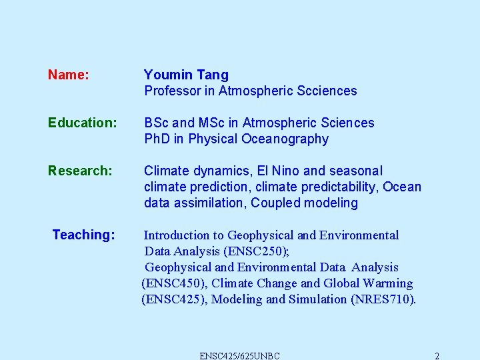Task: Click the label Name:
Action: pyautogui.click(x=68, y=75)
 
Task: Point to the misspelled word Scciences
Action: pyautogui.click(x=327, y=91)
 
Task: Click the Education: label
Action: pyautogui.click(x=83, y=123)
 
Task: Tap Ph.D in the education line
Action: pyautogui.click(x=157, y=139)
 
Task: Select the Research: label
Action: pyautogui.click(x=80, y=171)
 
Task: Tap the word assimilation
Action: pyautogui.click(x=207, y=203)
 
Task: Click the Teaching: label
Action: pyautogui.click(x=83, y=235)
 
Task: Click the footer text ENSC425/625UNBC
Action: pyautogui.click(x=240, y=355)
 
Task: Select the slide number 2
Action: pyautogui.click(x=437, y=355)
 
